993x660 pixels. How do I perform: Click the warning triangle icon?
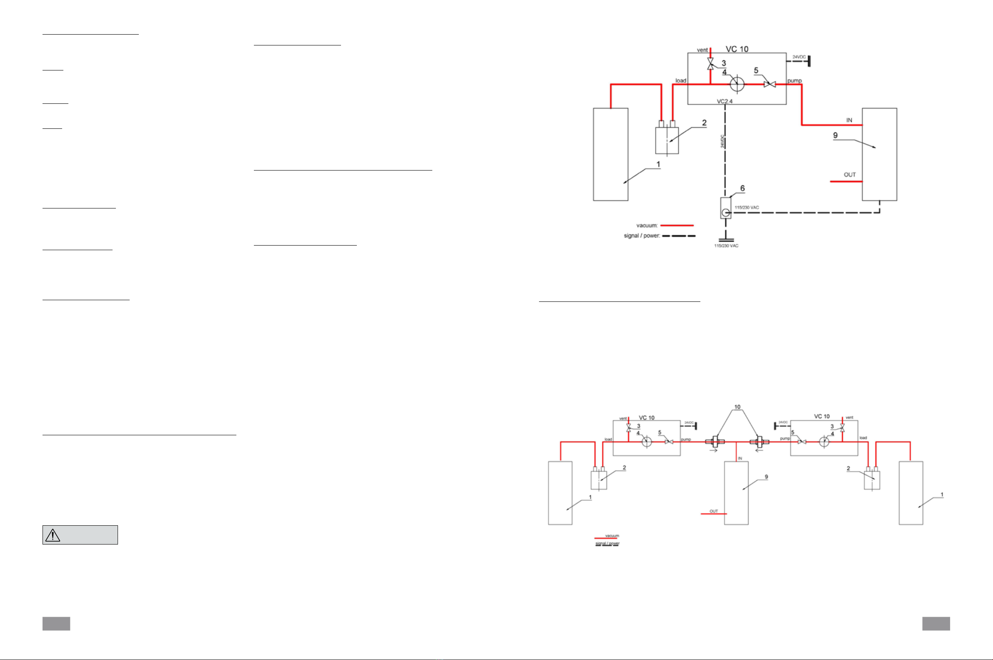click(53, 535)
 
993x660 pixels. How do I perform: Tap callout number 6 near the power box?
click(742, 188)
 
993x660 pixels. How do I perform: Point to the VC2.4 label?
click(725, 101)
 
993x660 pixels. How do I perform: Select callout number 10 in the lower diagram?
click(737, 407)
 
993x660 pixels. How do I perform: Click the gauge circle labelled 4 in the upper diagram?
click(737, 84)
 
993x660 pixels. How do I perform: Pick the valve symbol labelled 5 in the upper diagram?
click(770, 84)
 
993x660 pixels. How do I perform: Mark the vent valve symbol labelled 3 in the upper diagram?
click(710, 64)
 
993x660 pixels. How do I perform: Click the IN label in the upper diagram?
click(849, 120)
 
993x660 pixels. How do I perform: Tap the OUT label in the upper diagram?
click(850, 175)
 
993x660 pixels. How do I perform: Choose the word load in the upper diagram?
click(680, 80)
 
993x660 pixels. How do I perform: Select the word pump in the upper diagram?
click(795, 80)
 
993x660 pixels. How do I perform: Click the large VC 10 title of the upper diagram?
click(737, 49)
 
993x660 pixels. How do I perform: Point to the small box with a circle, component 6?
click(725, 208)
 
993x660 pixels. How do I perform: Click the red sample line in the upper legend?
click(677, 226)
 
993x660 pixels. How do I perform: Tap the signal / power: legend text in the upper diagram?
click(642, 236)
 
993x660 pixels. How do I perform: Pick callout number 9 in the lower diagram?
click(766, 477)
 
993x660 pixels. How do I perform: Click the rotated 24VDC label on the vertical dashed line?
click(722, 141)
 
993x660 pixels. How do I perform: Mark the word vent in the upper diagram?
click(702, 50)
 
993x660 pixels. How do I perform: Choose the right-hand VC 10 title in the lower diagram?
click(822, 416)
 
